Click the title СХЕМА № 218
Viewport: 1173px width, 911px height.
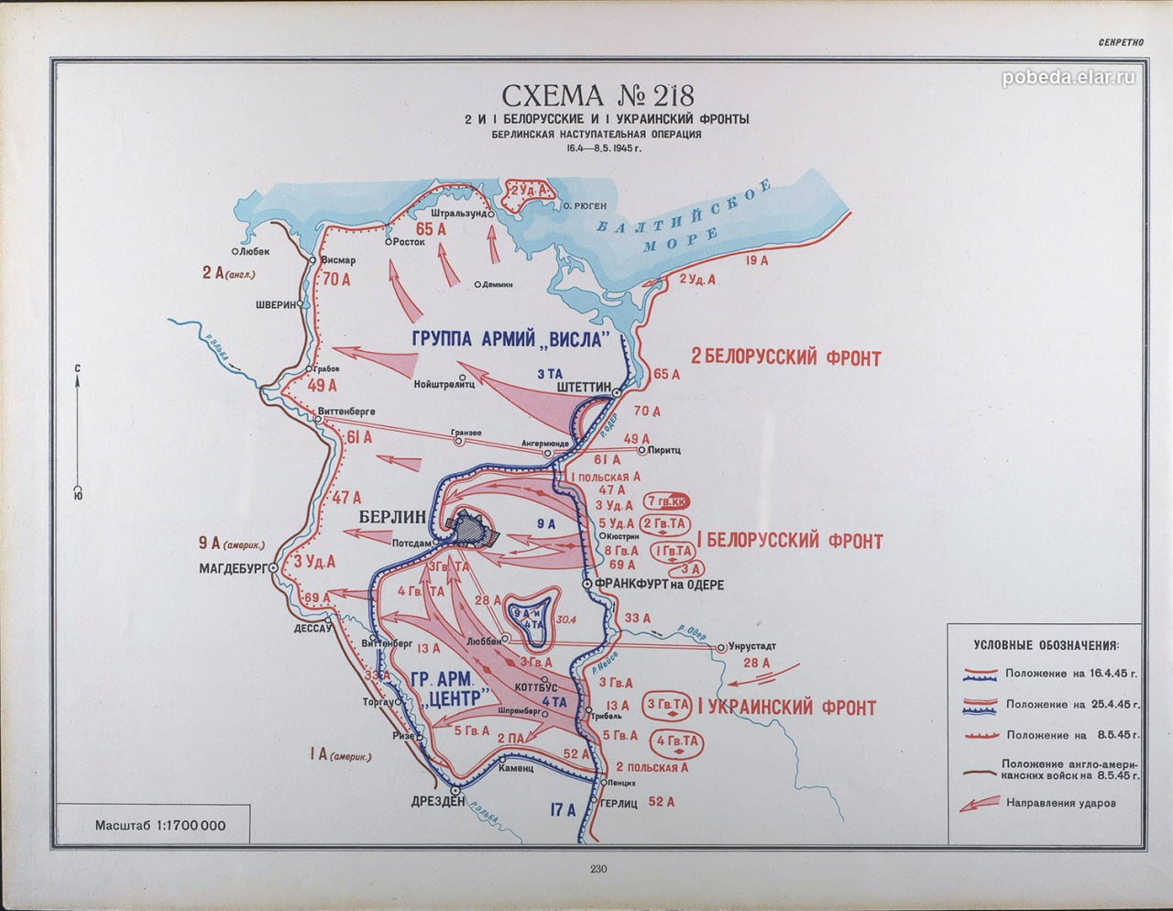(595, 96)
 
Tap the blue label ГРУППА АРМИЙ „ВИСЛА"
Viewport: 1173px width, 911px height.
(511, 338)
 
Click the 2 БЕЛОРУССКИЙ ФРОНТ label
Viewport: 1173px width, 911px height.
(785, 357)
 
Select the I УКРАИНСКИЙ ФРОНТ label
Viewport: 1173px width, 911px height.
(787, 708)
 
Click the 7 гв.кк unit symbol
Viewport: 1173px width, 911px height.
(668, 501)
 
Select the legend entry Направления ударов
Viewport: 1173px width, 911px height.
(1060, 804)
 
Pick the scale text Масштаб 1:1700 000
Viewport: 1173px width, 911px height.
(160, 825)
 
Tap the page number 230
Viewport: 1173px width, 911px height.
(600, 870)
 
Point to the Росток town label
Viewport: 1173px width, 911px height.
(409, 243)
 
